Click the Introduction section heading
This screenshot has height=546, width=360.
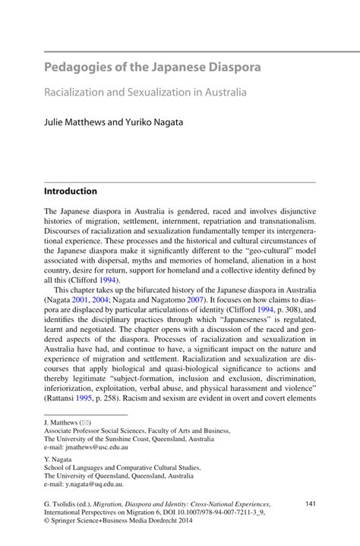(70, 191)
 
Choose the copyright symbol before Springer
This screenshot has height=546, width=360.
(47, 523)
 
